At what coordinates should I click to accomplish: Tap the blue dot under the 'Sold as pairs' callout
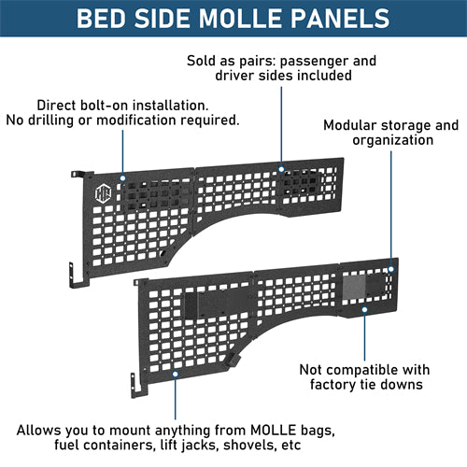(x=279, y=170)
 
